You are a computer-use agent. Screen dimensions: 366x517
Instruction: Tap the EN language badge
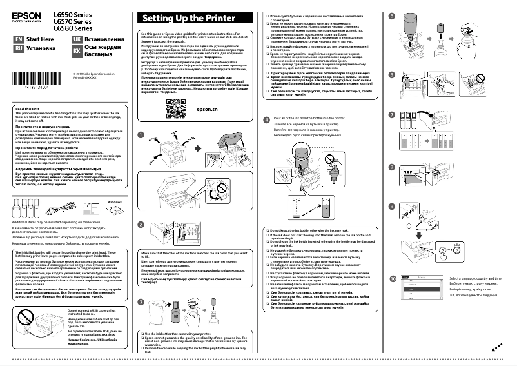[x=19, y=39]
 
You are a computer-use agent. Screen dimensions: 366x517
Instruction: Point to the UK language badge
[x=77, y=39]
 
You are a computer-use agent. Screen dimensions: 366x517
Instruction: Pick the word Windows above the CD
[x=114, y=203]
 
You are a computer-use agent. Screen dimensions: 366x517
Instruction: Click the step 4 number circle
[x=267, y=119]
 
